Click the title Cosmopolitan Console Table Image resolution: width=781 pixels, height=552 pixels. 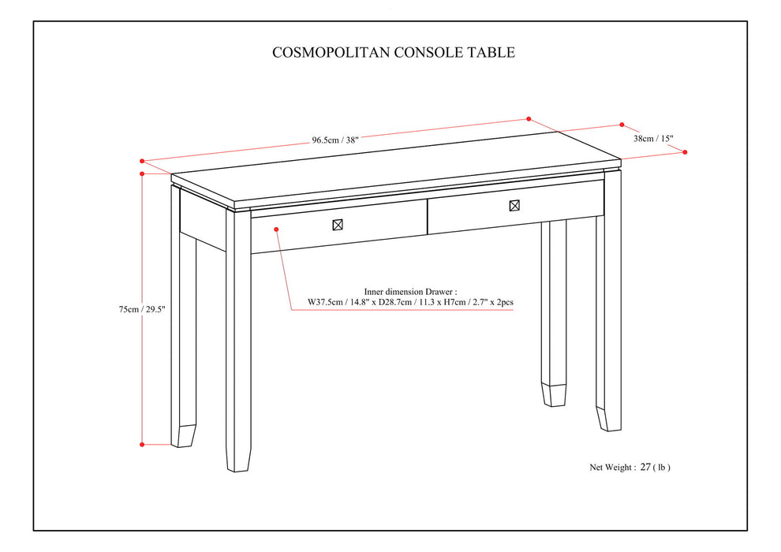(394, 53)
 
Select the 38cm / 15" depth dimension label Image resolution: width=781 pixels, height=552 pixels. (653, 138)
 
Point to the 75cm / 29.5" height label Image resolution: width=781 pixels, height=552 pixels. (114, 310)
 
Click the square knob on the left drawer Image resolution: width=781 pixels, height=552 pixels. (338, 225)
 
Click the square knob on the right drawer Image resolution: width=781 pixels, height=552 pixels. (514, 206)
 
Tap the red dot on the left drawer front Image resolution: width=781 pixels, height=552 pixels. (276, 229)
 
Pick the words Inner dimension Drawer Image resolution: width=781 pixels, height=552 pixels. (410, 290)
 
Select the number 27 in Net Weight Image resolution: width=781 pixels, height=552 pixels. (645, 467)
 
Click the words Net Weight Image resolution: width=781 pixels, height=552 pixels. (611, 468)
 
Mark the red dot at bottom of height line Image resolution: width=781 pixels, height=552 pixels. (142, 444)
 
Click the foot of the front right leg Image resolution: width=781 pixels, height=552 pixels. (608, 419)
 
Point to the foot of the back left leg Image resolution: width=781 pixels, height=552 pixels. (186, 436)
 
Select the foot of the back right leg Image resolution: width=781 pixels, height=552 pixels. (554, 395)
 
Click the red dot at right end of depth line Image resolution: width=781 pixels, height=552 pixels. (685, 152)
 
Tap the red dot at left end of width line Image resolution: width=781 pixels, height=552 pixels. (142, 160)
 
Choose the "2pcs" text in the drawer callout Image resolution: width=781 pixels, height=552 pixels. (503, 302)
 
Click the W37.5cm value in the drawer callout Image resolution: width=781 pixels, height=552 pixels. (328, 302)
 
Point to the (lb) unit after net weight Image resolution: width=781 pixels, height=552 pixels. (662, 468)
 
